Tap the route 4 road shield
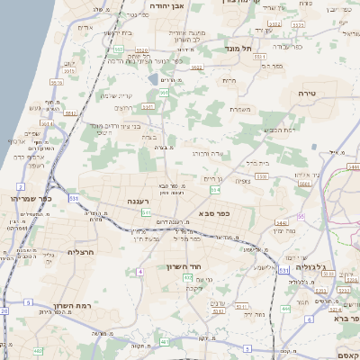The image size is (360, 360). point(140,271)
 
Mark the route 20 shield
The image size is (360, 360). point(4,311)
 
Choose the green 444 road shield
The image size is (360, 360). point(284,309)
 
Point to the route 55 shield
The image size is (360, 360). point(301,216)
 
